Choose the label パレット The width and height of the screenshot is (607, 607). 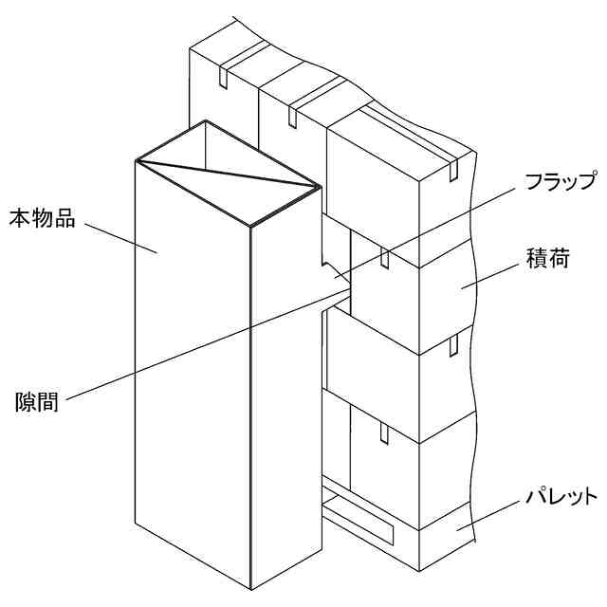pyautogui.click(x=561, y=497)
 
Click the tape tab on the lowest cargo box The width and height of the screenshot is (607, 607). pyautogui.click(x=384, y=433)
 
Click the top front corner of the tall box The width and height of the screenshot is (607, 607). pyautogui.click(x=250, y=226)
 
